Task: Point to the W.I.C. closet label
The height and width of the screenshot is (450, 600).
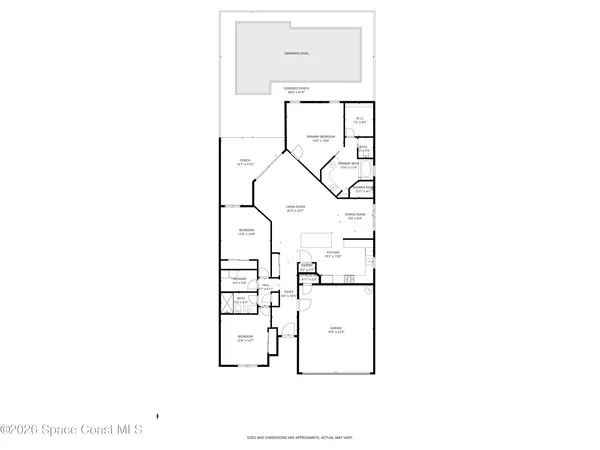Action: coord(360,121)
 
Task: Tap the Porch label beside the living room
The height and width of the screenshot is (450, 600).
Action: coord(244,162)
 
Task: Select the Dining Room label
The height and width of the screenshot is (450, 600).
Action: coord(356,215)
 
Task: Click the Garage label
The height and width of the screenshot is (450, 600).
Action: coord(336,331)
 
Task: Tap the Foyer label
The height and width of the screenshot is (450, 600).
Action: coord(287,293)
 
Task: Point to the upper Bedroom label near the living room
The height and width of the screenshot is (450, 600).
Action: coord(246,232)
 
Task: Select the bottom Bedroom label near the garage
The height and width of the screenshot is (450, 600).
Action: coord(244,339)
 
